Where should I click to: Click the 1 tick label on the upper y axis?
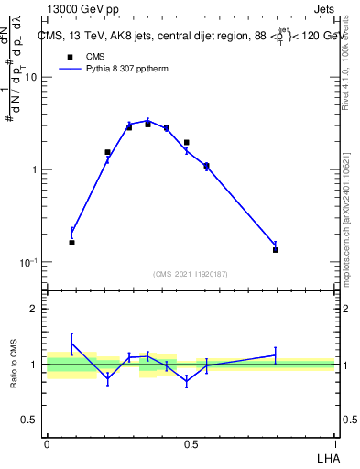35,170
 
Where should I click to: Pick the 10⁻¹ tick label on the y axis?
29,262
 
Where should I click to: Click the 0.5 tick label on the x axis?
191,443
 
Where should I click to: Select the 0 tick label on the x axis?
47,443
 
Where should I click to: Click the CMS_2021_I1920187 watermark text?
191,274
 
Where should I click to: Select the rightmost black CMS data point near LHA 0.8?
276,250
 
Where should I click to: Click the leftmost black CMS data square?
71,243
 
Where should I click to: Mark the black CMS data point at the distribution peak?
147,124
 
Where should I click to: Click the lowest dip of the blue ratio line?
187,381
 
